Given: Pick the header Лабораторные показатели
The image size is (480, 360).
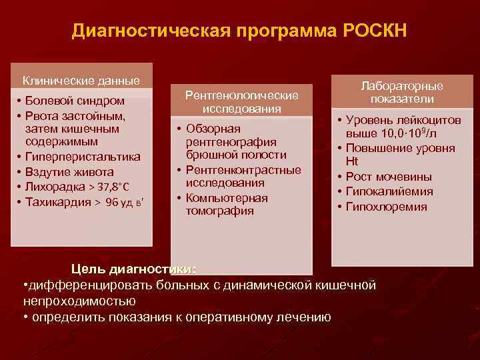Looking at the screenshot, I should point(402,93).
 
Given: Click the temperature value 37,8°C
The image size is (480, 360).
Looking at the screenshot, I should point(109,187).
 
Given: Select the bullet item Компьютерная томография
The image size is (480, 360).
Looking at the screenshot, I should point(227,204).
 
